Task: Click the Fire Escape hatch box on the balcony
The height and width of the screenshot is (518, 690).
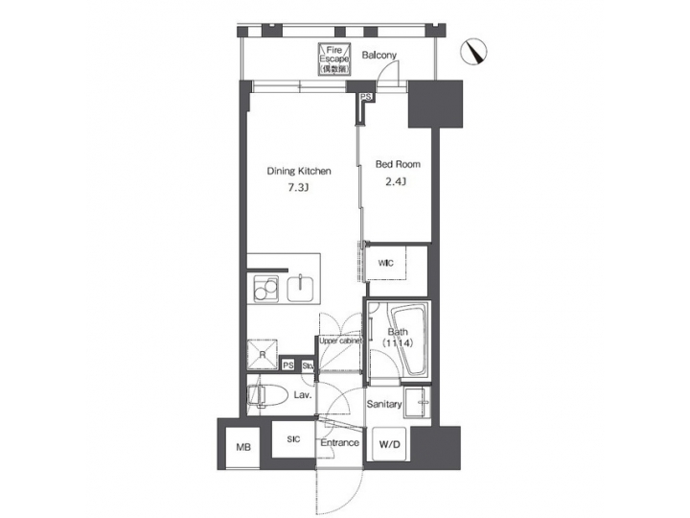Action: point(335,60)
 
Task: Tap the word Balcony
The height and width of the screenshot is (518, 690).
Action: point(379,56)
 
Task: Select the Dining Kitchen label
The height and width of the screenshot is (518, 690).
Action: point(299,172)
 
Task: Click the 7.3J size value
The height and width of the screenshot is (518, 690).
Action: point(299,189)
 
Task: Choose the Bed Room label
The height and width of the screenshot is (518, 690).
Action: point(398,164)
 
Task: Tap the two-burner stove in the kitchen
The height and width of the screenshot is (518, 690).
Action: point(265,288)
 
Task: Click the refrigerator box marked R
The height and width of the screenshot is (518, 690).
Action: point(264,352)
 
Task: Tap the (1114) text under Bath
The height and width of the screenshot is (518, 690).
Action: point(398,342)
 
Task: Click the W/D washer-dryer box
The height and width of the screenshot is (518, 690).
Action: point(390,444)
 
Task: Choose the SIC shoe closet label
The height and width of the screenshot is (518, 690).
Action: point(294,439)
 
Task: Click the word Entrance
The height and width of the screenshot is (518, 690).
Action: point(339,443)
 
